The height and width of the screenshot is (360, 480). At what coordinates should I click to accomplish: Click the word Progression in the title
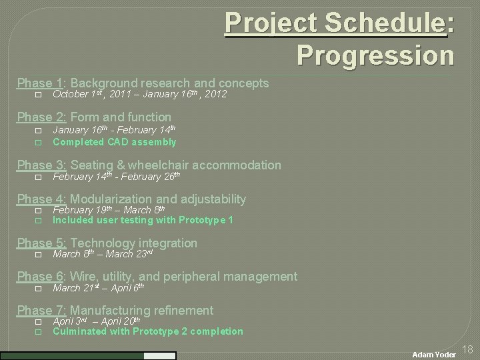(x=375, y=55)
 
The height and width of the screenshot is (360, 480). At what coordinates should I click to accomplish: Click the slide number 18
(x=467, y=349)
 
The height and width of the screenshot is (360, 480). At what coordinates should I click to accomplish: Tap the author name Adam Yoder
(x=433, y=355)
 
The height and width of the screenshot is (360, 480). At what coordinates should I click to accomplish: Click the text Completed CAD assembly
(x=114, y=142)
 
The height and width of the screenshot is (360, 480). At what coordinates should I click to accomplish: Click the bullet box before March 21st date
(x=38, y=289)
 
